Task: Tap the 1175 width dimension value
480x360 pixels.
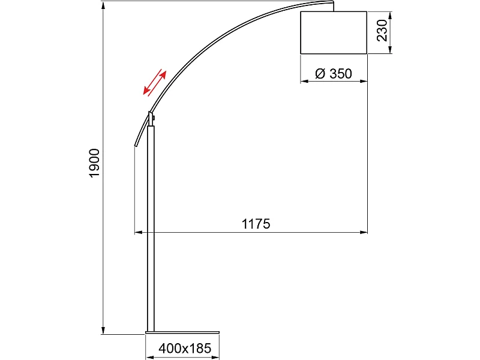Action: pyautogui.click(x=256, y=224)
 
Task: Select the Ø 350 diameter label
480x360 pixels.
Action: pyautogui.click(x=333, y=74)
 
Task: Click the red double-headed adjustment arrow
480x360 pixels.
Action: pyautogui.click(x=154, y=82)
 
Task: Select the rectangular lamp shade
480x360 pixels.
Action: pyautogui.click(x=333, y=32)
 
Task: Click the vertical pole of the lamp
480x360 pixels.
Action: pyautogui.click(x=151, y=228)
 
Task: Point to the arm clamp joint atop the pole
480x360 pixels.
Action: pyautogui.click(x=151, y=118)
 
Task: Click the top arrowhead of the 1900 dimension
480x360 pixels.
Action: pyautogui.click(x=103, y=5)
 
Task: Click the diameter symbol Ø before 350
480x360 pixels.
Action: pyautogui.click(x=320, y=74)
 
